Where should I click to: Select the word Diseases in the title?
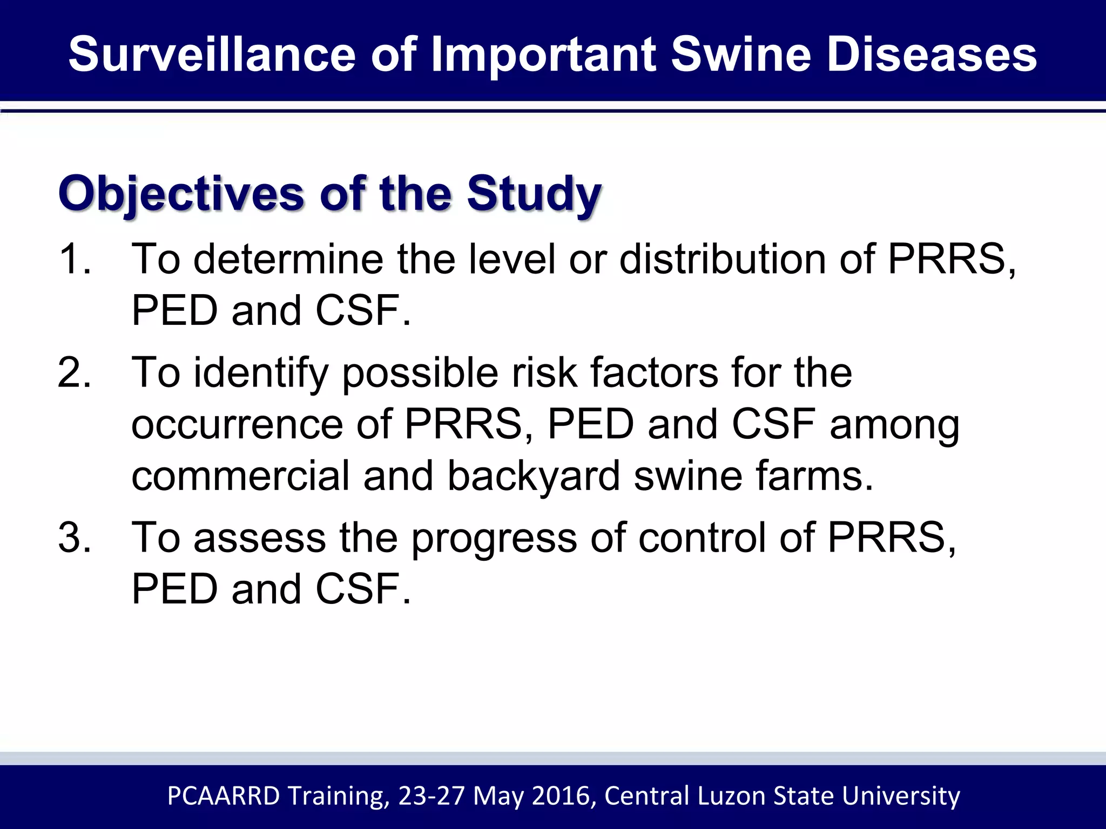(932, 55)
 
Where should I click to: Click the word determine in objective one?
(289, 260)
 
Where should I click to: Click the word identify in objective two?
(261, 373)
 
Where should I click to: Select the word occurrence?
(237, 425)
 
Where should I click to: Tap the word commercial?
(240, 476)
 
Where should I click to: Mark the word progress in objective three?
(494, 539)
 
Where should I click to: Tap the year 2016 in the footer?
(563, 796)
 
